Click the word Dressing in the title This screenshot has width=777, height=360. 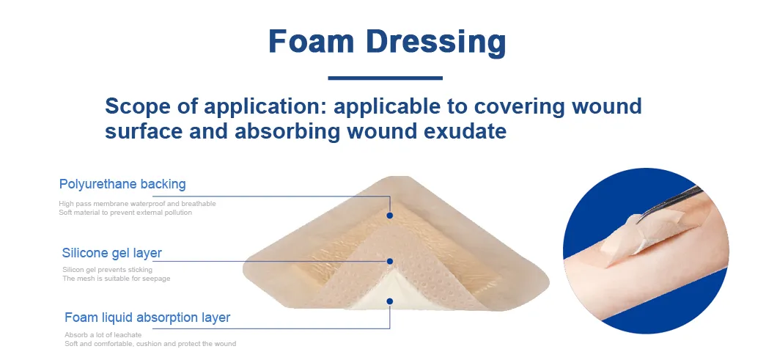click(435, 42)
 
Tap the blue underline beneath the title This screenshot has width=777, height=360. click(385, 78)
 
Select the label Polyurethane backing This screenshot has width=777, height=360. click(122, 184)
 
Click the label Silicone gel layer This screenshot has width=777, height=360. click(112, 253)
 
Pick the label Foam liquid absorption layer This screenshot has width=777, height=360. click(147, 317)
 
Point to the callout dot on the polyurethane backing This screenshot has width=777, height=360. click(390, 216)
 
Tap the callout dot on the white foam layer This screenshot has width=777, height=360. click(390, 301)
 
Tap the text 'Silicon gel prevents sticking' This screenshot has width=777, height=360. click(108, 270)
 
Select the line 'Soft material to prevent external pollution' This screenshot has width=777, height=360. click(125, 213)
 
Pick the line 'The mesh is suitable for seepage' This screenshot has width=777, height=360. click(117, 279)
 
